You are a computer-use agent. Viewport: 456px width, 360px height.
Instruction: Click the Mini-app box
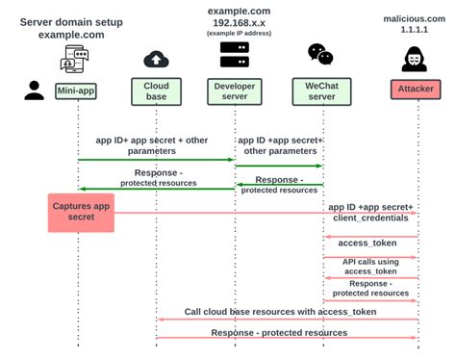pos(76,90)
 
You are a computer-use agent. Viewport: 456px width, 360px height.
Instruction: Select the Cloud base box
pos(156,90)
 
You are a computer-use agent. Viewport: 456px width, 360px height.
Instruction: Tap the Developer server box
pos(235,90)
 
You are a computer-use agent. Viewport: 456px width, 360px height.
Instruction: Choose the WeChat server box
pos(320,90)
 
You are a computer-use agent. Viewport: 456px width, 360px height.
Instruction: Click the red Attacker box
pos(417,90)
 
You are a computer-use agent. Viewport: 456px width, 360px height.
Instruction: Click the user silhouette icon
pos(35,90)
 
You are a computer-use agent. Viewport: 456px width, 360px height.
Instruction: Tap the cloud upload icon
pos(156,60)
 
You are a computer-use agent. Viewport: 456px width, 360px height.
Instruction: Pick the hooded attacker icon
pos(417,58)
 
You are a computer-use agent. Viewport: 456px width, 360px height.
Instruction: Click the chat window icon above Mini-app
pos(76,61)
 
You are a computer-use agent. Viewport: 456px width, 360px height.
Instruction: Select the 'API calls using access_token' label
pos(370,266)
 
